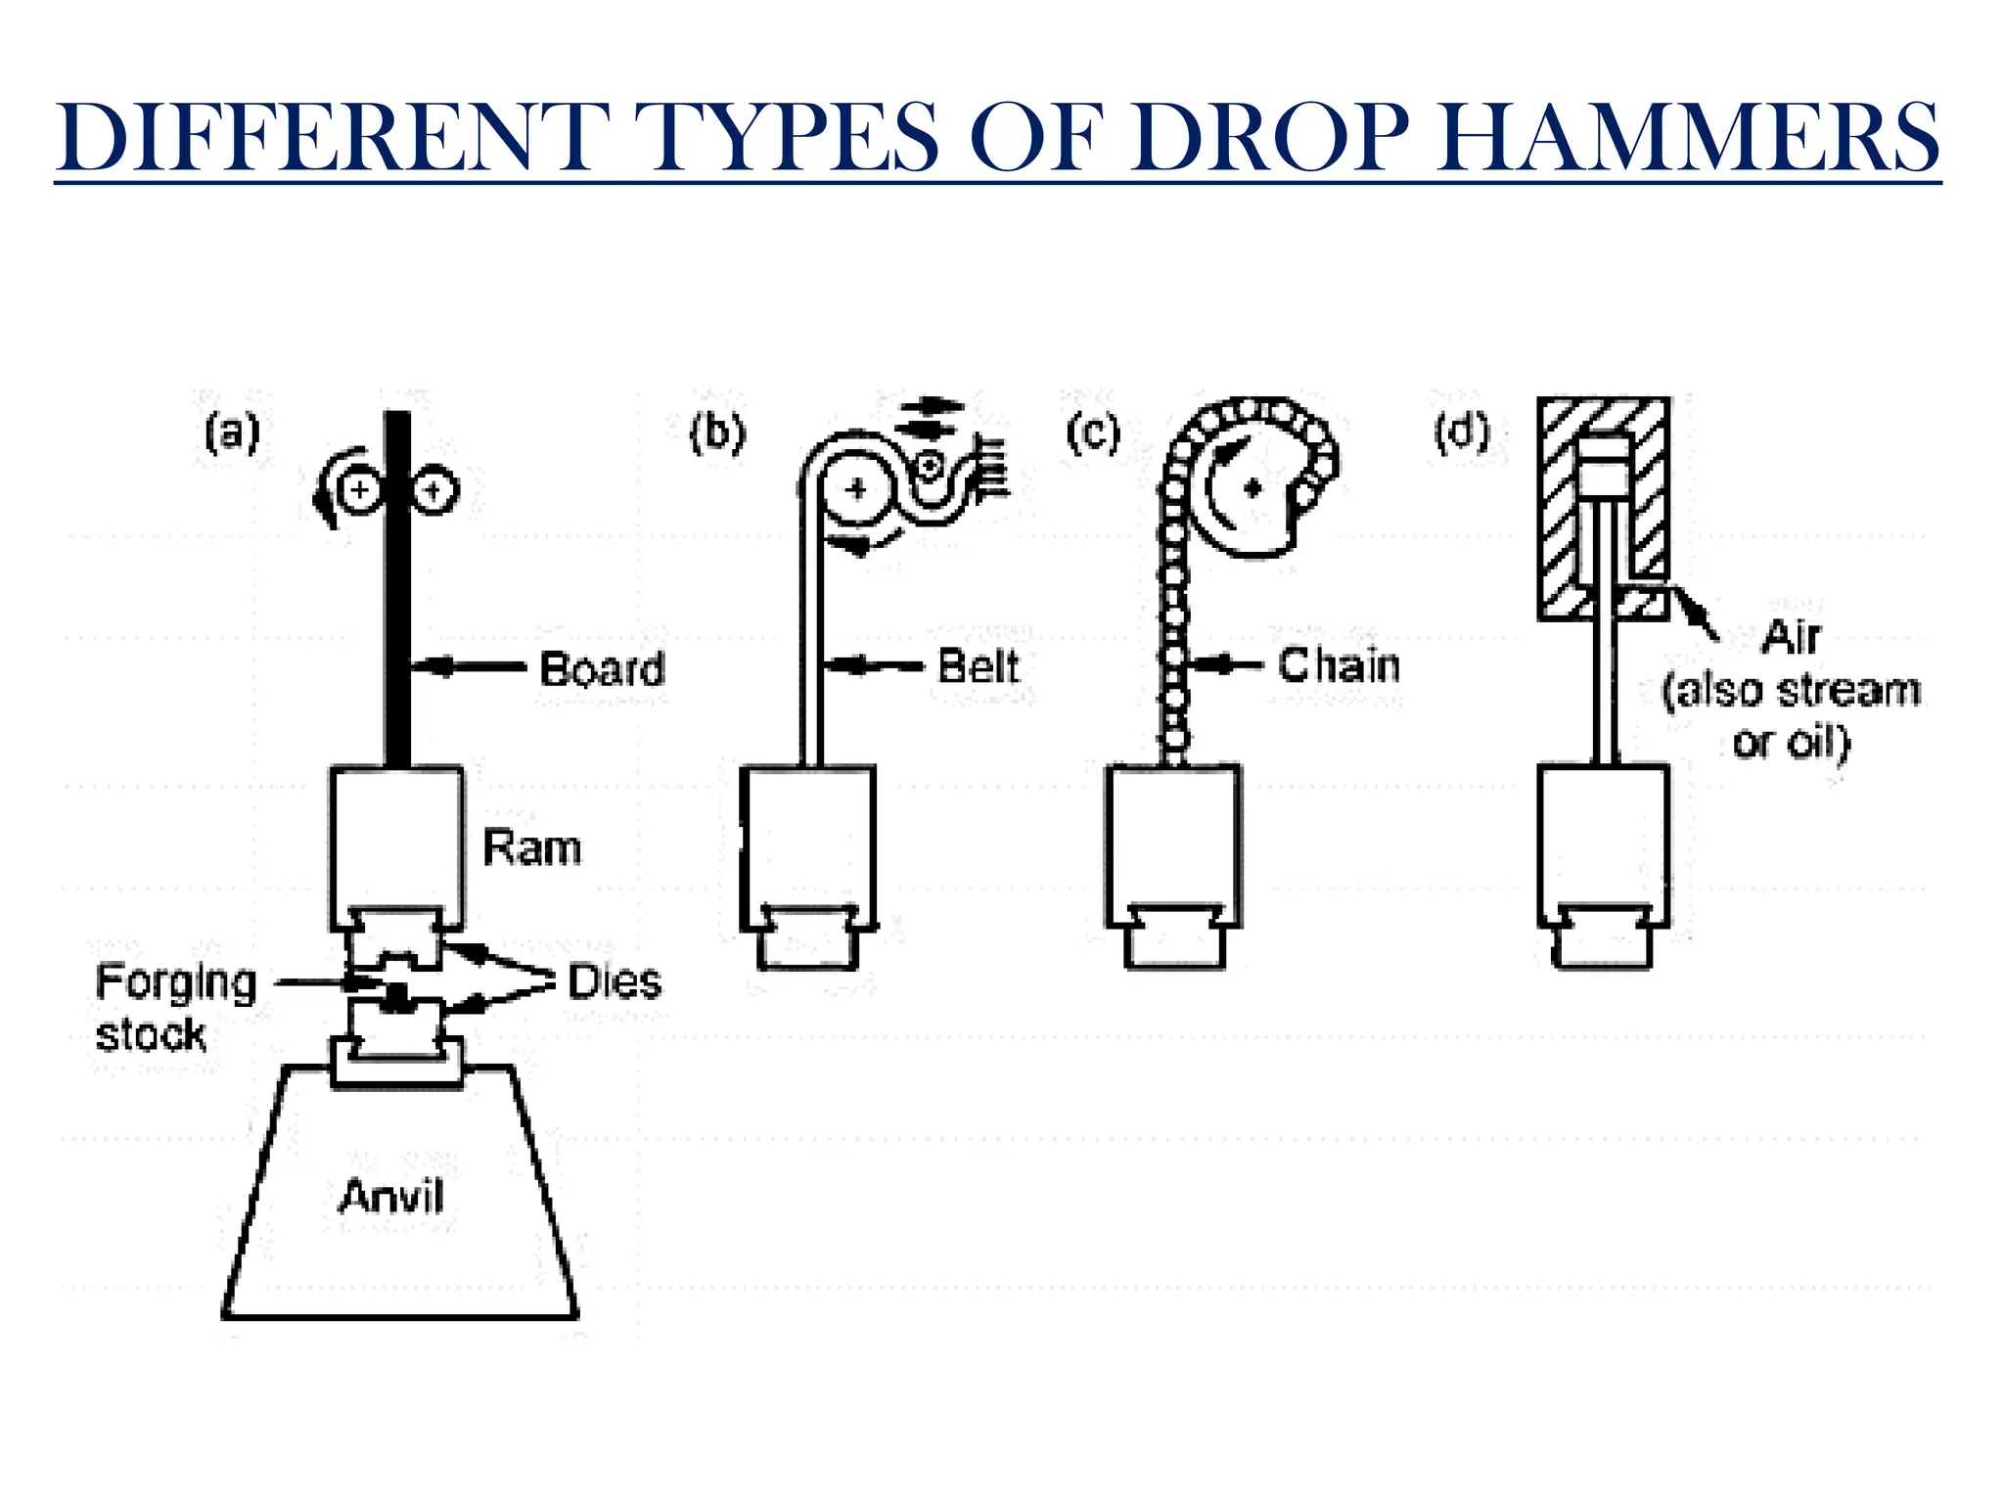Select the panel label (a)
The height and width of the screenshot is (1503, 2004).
(232, 432)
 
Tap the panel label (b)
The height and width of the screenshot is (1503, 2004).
(717, 432)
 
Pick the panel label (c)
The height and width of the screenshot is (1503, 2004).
(1093, 432)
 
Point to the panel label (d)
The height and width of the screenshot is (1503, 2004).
(1462, 432)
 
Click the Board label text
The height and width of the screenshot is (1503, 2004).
(602, 669)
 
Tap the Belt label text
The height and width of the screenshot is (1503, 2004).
(978, 666)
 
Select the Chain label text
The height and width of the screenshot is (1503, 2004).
(1339, 665)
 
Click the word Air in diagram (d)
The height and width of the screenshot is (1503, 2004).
(1790, 637)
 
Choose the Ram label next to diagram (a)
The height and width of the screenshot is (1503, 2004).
(532, 847)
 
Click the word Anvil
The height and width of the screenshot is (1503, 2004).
(391, 1196)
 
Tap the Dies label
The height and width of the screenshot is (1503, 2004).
(615, 981)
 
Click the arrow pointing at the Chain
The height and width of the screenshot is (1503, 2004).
(1226, 664)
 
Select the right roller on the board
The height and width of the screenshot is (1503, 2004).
(434, 489)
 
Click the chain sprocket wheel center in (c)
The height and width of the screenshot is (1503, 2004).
(1253, 487)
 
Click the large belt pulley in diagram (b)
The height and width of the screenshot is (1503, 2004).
(856, 488)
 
